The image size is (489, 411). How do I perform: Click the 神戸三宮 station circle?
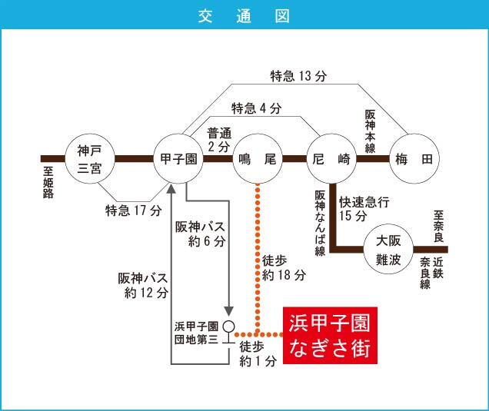[90, 158]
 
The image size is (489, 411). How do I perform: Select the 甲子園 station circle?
[178, 158]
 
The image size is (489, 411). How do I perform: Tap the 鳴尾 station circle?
[258, 158]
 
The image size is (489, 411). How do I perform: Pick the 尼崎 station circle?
[331, 158]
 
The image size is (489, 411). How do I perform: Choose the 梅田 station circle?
[414, 158]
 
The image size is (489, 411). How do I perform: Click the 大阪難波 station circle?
[388, 249]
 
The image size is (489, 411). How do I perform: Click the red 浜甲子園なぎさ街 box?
[331, 335]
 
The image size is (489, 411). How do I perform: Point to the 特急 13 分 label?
[298, 76]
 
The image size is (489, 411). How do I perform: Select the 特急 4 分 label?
[256, 108]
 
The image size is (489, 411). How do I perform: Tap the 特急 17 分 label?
[134, 210]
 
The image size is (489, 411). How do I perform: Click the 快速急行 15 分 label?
[364, 209]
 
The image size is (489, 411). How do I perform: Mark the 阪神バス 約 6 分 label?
[200, 234]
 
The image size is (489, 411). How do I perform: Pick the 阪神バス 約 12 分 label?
[143, 286]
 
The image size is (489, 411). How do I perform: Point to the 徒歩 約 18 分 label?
[284, 267]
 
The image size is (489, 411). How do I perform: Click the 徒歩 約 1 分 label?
[258, 353]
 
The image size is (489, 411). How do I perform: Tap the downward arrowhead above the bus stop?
[229, 311]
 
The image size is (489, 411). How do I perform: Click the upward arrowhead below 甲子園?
[171, 188]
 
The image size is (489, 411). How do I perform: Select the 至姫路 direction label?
[48, 183]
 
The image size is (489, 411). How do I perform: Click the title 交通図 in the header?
[244, 16]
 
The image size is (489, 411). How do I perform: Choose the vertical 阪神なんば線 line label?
[320, 223]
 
